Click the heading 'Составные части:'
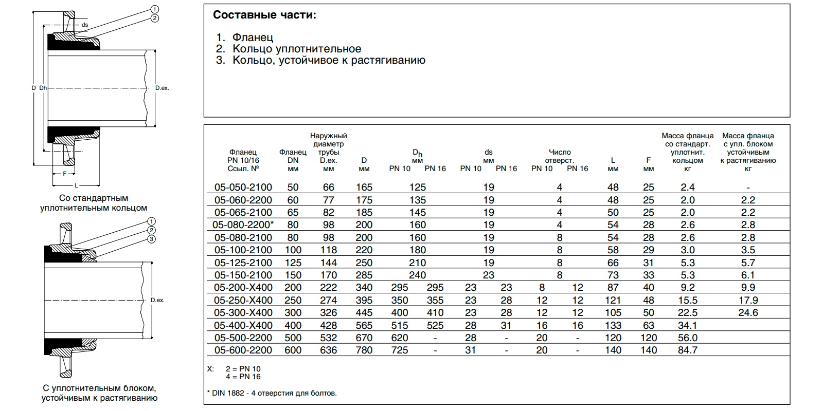coord(264,15)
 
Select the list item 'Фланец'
coord(253,38)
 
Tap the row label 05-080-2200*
coord(243,225)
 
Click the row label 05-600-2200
coord(243,350)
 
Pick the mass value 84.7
coord(687,350)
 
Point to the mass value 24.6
coord(748,313)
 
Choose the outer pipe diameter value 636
coord(328,350)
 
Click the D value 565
coord(364,325)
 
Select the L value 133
coord(613,325)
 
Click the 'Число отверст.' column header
coord(560,156)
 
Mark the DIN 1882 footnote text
coord(272,393)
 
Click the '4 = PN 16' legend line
coord(243,377)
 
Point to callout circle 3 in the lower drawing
coord(151,239)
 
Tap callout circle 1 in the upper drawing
coord(155,9)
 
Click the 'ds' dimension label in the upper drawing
coord(85,25)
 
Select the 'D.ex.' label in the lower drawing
coord(157,300)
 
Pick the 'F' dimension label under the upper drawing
coord(65,174)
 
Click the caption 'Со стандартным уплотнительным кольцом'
coord(94,203)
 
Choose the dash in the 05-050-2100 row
coord(748,188)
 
